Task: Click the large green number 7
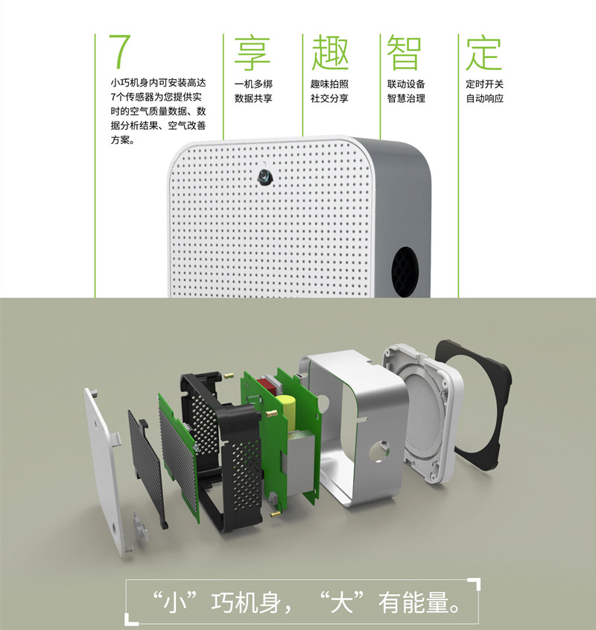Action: point(119,51)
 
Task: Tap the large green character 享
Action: point(253,52)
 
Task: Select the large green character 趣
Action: point(330,52)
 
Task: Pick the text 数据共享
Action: point(253,98)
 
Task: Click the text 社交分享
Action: point(329,98)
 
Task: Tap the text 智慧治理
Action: point(406,98)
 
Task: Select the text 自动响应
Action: point(484,98)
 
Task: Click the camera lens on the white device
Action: point(264,177)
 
